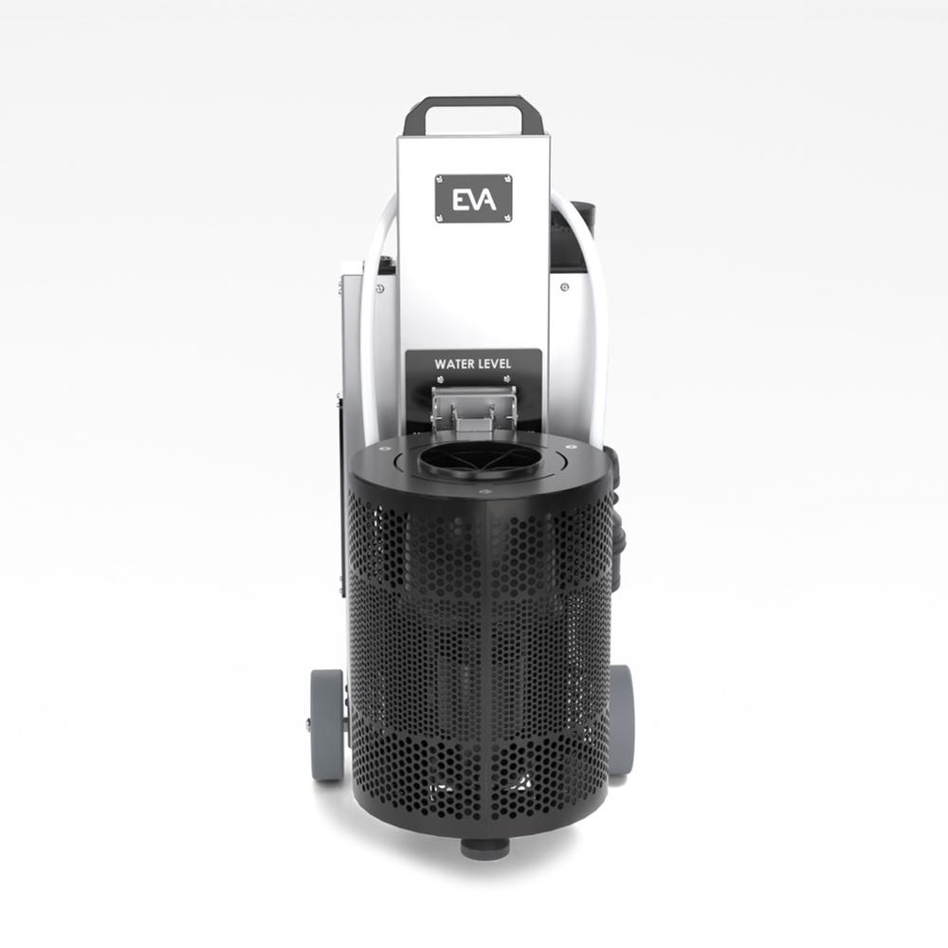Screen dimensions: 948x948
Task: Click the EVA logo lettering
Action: coord(474,199)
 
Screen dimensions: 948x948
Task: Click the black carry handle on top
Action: coord(464,116)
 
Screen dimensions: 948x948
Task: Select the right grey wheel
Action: coord(624,720)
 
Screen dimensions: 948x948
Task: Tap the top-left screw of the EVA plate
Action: coord(440,179)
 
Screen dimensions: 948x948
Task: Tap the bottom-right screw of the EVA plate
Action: coord(507,217)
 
